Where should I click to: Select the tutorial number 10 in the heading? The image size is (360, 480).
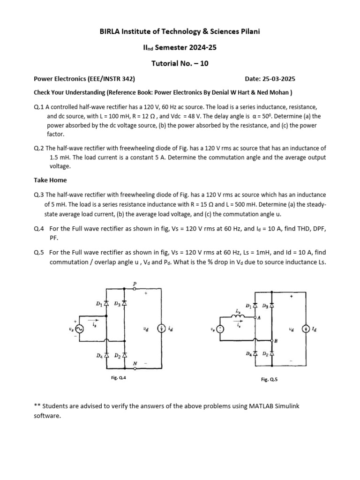pos(204,63)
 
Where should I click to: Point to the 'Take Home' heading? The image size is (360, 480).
pos(50,180)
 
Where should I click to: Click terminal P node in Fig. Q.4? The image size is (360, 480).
pos(135,289)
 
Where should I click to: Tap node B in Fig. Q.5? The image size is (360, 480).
pos(272,341)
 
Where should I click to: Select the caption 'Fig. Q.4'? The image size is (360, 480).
pos(115,378)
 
